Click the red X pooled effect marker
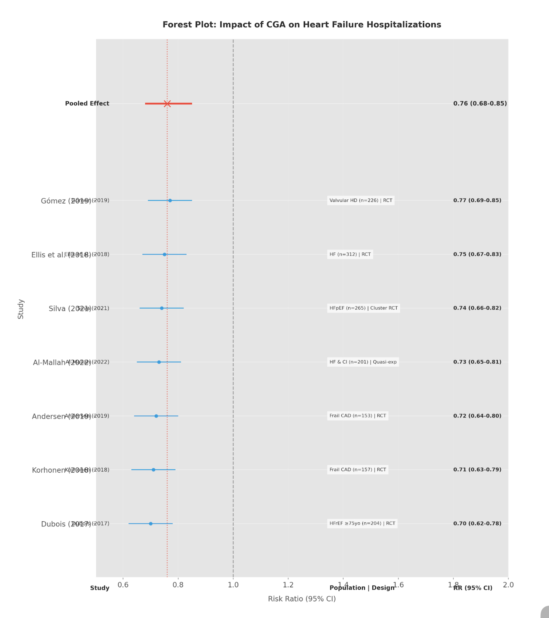167,104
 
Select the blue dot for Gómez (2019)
170,201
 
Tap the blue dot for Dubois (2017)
150,524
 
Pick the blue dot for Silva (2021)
162,308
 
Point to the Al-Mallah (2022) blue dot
159,362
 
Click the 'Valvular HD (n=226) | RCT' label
361,201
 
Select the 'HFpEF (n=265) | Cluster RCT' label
363,308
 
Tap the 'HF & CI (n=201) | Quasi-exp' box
363,362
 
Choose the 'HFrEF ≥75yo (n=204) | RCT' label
362,524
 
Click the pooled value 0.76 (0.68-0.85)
480,104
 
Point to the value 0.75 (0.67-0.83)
477,254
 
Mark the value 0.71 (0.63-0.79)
477,470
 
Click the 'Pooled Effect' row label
87,104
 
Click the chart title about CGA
302,25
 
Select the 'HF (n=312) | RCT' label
350,254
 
